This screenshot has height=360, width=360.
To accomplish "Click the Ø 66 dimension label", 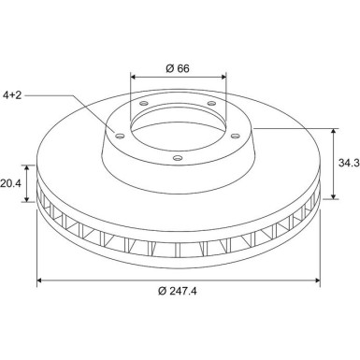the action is tap(178, 68).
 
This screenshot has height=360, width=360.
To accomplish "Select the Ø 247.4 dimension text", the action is tap(178, 291).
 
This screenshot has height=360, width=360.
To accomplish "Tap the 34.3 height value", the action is tap(349, 163).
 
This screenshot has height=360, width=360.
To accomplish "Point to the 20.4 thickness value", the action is tap(10, 183).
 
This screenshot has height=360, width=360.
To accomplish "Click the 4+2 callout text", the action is tap(12, 95).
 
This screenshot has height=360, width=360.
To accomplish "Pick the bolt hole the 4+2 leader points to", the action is tap(120, 136).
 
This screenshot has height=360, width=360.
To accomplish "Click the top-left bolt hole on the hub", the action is tap(144, 103).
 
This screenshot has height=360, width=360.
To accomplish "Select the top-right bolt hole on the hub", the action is tap(211, 103).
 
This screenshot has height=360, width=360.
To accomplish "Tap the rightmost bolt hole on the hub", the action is tap(236, 136).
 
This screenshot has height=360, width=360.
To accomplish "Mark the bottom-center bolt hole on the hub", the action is tap(178, 158).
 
